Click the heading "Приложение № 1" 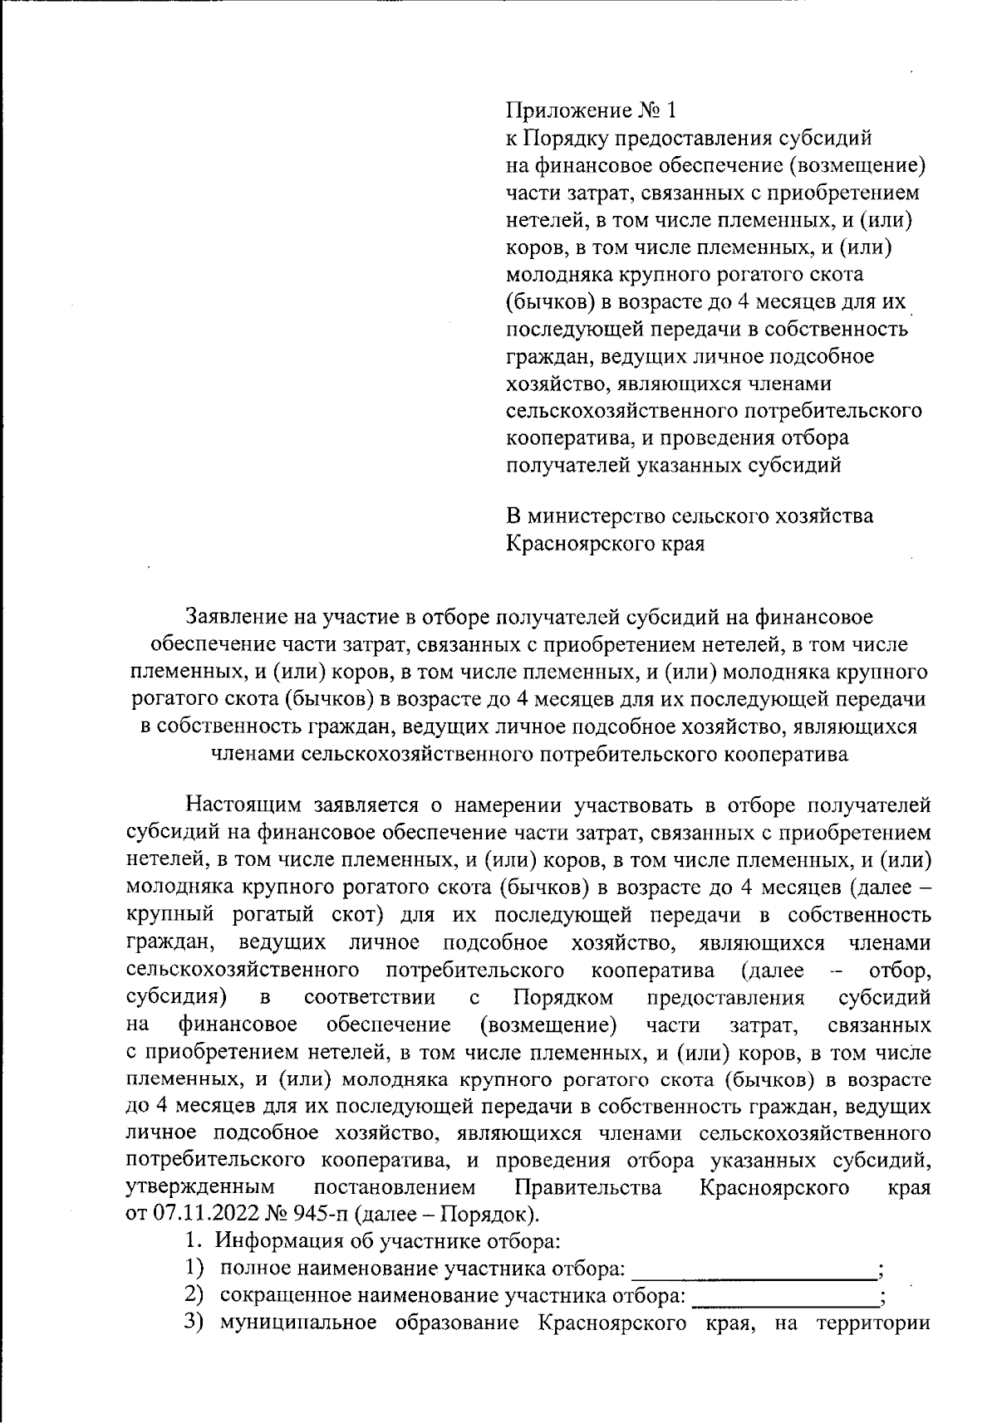coord(592,110)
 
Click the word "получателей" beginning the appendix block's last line coord(568,465)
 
